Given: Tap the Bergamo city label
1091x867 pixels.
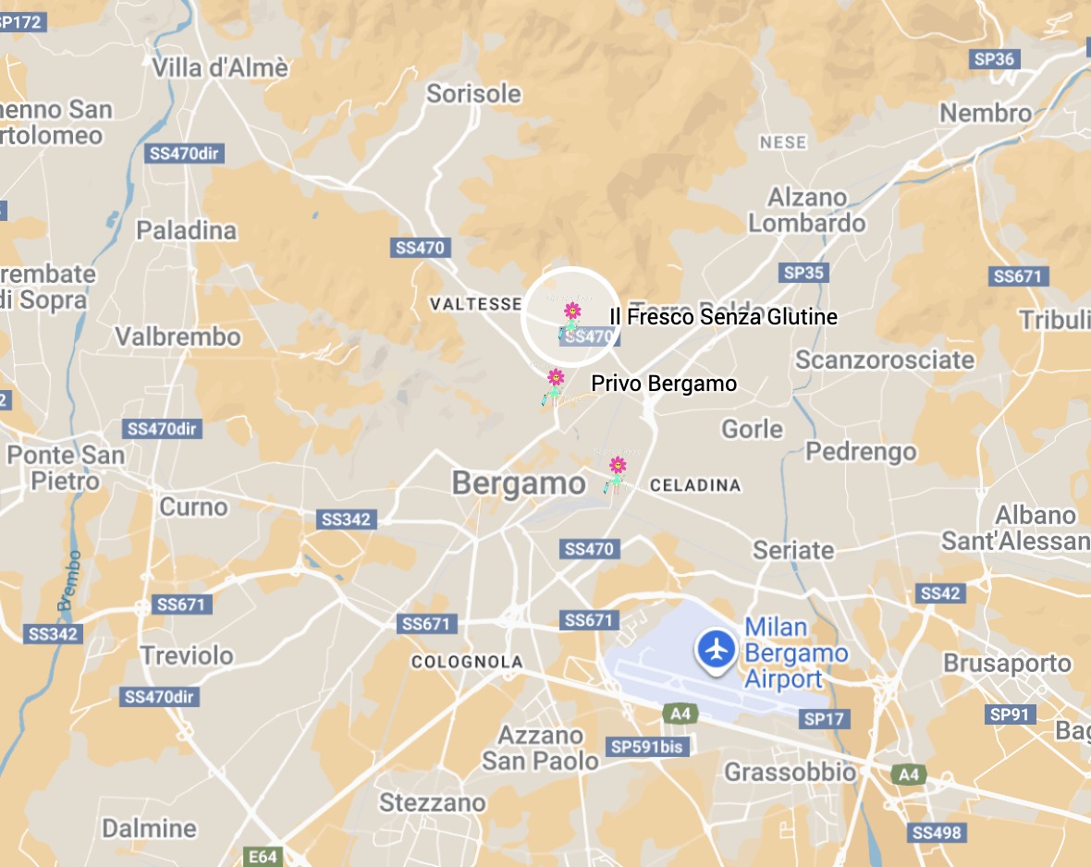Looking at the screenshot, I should tap(519, 483).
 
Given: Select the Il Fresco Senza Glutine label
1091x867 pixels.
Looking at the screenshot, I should tap(723, 317).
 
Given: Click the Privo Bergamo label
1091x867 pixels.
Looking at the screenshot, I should tap(664, 383).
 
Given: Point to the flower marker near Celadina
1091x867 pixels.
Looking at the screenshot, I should tap(617, 466).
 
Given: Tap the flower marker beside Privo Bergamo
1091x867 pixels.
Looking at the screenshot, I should tap(556, 378).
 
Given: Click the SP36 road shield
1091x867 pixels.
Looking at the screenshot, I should tap(994, 59).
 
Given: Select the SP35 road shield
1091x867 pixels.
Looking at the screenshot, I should tap(803, 273).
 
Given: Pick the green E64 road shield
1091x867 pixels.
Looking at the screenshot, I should tap(262, 857).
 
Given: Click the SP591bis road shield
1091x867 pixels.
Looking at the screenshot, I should tap(649, 746).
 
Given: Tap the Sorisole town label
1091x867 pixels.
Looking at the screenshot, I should tap(473, 93).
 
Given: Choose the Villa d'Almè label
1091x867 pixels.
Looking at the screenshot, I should tap(220, 67).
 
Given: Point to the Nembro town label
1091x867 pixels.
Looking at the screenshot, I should tap(986, 113).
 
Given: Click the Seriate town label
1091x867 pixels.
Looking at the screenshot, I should tap(793, 550).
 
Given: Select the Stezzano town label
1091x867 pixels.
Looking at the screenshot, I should tap(432, 802).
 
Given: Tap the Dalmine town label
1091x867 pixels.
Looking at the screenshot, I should tap(150, 827).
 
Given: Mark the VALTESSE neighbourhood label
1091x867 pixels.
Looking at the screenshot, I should tap(476, 303).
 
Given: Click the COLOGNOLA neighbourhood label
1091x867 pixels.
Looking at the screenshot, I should tap(467, 662).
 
